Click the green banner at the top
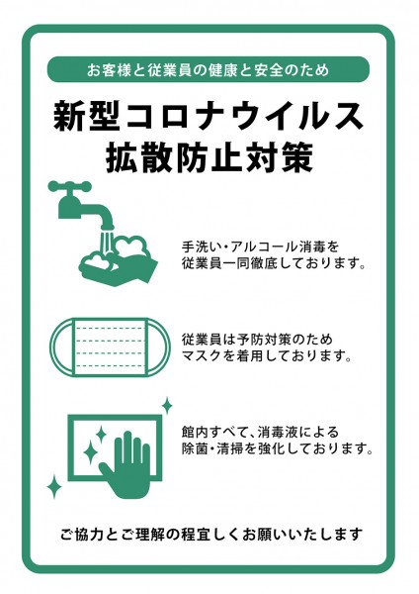click(208, 69)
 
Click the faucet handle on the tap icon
click(70, 186)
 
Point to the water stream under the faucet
click(107, 242)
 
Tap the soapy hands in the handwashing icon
click(119, 261)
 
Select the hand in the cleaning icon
click(126, 465)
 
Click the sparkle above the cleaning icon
click(167, 406)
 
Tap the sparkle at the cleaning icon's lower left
click(54, 486)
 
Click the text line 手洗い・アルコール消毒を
click(260, 247)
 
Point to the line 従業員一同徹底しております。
click(274, 263)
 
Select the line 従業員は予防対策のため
click(257, 339)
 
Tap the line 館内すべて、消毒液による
click(260, 432)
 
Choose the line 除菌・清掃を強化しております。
click(278, 448)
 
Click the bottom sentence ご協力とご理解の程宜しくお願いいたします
click(211, 535)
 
